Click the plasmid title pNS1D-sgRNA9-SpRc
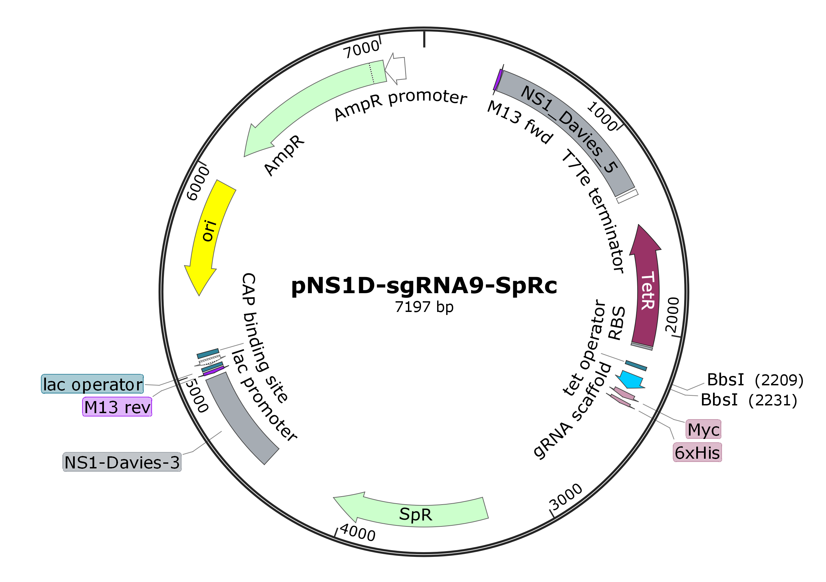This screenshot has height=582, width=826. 424,286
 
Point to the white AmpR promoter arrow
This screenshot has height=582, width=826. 396,69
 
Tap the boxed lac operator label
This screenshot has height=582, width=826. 93,384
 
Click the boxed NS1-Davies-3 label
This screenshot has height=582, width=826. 122,462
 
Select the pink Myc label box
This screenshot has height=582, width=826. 703,429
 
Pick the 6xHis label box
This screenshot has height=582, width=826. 697,452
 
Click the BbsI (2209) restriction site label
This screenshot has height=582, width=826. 755,380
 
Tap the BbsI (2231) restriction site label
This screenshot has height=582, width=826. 749,400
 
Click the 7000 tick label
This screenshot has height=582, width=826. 361,49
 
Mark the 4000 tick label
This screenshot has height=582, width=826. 358,532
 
